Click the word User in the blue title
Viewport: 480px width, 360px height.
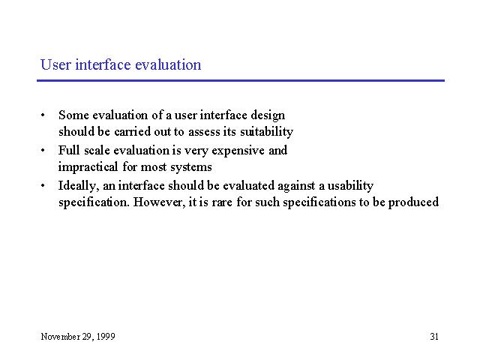click(55, 64)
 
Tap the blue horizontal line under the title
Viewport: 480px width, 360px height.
click(241, 80)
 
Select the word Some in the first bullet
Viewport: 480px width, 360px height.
click(73, 115)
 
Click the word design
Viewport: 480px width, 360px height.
click(268, 116)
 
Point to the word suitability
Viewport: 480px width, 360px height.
click(267, 132)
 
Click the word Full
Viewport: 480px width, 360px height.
click(69, 150)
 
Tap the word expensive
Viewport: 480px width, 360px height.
click(238, 151)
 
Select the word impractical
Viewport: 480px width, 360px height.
click(88, 167)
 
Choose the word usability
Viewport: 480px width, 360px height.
click(350, 186)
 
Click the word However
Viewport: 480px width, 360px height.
click(160, 202)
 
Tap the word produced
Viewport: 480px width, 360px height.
click(413, 202)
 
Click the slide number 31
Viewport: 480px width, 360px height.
click(434, 337)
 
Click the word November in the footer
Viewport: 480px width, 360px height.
click(61, 337)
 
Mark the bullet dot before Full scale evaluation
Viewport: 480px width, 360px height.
click(43, 150)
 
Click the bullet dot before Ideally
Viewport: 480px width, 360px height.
click(43, 185)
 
